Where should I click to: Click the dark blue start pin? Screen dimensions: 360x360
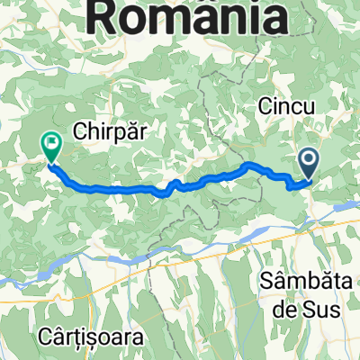click(x=309, y=162)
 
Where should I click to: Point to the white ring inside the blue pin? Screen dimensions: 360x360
click(x=309, y=159)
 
